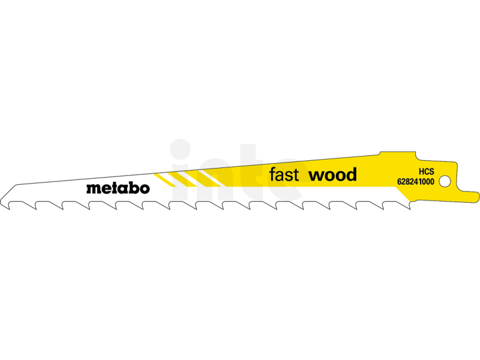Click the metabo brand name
(x=118, y=188)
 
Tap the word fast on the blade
(x=284, y=175)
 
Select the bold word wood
(x=333, y=175)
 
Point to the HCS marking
(x=427, y=172)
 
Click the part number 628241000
(x=416, y=182)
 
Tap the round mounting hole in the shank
(x=445, y=181)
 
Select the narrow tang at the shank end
(x=470, y=196)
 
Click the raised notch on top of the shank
(x=398, y=154)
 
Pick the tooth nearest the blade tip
(x=8, y=206)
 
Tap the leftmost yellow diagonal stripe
(x=164, y=180)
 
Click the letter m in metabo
(x=92, y=188)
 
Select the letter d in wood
(x=351, y=175)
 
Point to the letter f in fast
(x=272, y=175)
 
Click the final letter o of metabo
(x=145, y=189)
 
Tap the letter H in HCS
(x=422, y=172)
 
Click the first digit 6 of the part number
(x=400, y=182)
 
